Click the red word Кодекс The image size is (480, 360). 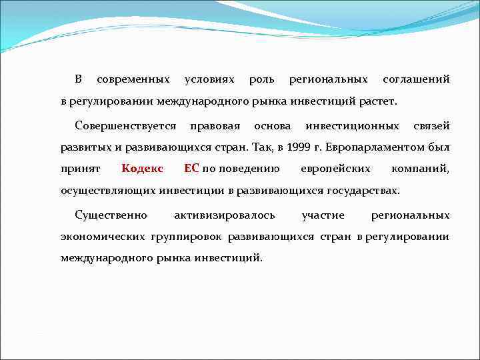(x=143, y=169)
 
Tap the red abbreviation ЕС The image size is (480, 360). (x=191, y=169)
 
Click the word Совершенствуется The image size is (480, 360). (x=126, y=125)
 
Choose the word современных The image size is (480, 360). (x=133, y=80)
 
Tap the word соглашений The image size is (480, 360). (x=416, y=80)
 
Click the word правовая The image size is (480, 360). (x=215, y=125)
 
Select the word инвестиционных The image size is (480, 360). (x=353, y=125)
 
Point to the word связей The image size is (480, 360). (x=431, y=125)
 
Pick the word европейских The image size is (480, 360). (x=335, y=169)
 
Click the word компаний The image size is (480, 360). (x=421, y=169)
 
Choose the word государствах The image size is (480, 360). (x=363, y=191)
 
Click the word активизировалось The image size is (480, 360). (x=223, y=215)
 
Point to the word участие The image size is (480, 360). (x=323, y=215)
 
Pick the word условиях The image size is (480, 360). (x=209, y=80)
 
